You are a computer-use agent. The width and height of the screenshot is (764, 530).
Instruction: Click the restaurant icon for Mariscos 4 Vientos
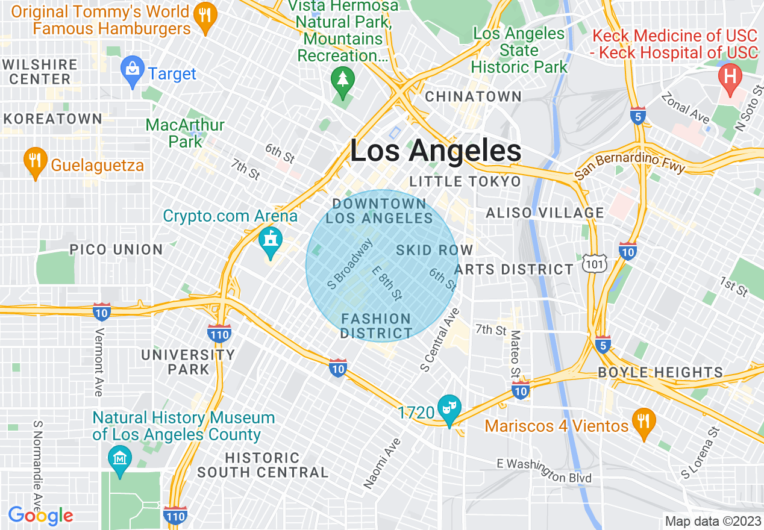644,422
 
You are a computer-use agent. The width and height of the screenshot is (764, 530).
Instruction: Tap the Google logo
40,516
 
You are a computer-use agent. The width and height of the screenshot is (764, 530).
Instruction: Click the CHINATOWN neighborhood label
474,96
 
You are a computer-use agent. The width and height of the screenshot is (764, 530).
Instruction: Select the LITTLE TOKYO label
465,181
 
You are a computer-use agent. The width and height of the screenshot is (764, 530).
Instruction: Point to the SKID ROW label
434,249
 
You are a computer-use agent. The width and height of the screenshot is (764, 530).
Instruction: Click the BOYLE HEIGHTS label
660,372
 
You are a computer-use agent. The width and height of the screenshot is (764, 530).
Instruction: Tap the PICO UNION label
116,249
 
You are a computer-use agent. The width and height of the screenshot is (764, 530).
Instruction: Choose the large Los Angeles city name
436,151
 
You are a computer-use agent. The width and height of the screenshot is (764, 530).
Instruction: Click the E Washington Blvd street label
544,471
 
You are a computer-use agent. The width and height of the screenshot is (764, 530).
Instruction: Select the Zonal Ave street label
685,108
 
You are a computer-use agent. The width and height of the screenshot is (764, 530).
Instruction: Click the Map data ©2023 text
712,521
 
